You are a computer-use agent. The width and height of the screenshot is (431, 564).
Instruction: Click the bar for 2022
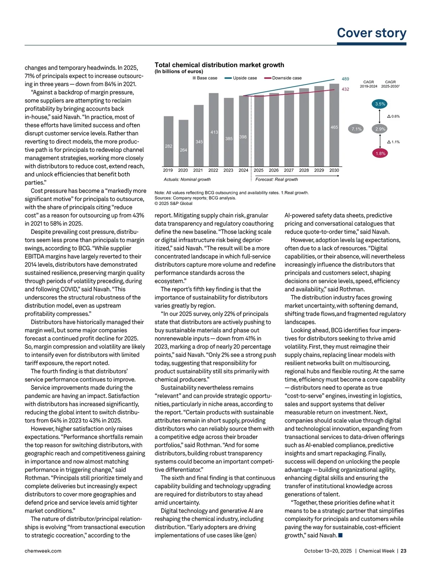click(213, 130)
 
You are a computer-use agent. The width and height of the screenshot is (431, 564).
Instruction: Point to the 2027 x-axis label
click(289, 170)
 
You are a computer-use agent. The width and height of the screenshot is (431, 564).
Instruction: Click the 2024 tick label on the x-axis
click(243, 170)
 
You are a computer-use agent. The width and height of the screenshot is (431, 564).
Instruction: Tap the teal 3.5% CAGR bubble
click(380, 104)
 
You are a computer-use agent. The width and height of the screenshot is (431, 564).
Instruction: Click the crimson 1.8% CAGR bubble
click(380, 153)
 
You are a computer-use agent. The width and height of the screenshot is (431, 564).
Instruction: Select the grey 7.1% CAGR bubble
click(356, 129)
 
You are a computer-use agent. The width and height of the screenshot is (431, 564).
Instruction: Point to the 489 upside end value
click(345, 79)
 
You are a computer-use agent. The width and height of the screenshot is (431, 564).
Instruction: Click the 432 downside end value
click(345, 89)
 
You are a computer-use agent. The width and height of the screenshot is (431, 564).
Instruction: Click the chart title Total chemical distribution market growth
click(219, 65)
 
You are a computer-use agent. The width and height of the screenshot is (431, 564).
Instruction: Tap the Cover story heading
click(371, 33)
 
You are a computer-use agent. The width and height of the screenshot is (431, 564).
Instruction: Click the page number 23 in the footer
click(403, 551)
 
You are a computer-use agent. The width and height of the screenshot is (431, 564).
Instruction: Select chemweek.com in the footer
click(43, 551)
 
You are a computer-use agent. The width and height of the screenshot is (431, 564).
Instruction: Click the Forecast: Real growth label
click(277, 179)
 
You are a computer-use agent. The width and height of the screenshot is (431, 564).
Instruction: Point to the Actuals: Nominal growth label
click(187, 179)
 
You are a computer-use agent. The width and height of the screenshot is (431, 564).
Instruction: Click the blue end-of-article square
click(340, 535)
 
